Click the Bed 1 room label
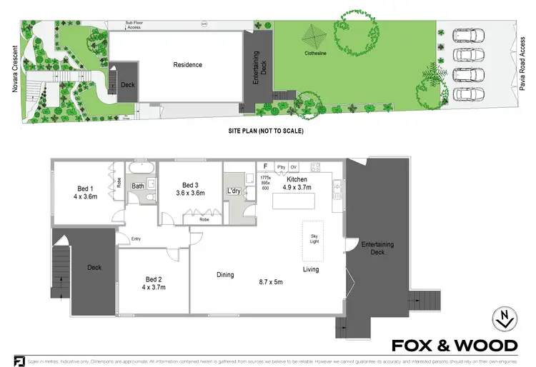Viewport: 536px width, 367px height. tap(84, 189)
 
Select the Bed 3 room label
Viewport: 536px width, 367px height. tap(190, 183)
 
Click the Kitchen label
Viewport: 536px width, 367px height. tap(297, 179)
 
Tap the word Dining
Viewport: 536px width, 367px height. tap(226, 274)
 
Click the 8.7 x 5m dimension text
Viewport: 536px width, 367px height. tap(271, 282)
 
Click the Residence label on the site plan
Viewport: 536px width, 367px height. tap(187, 65)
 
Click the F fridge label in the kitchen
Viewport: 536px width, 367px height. tap(265, 167)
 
